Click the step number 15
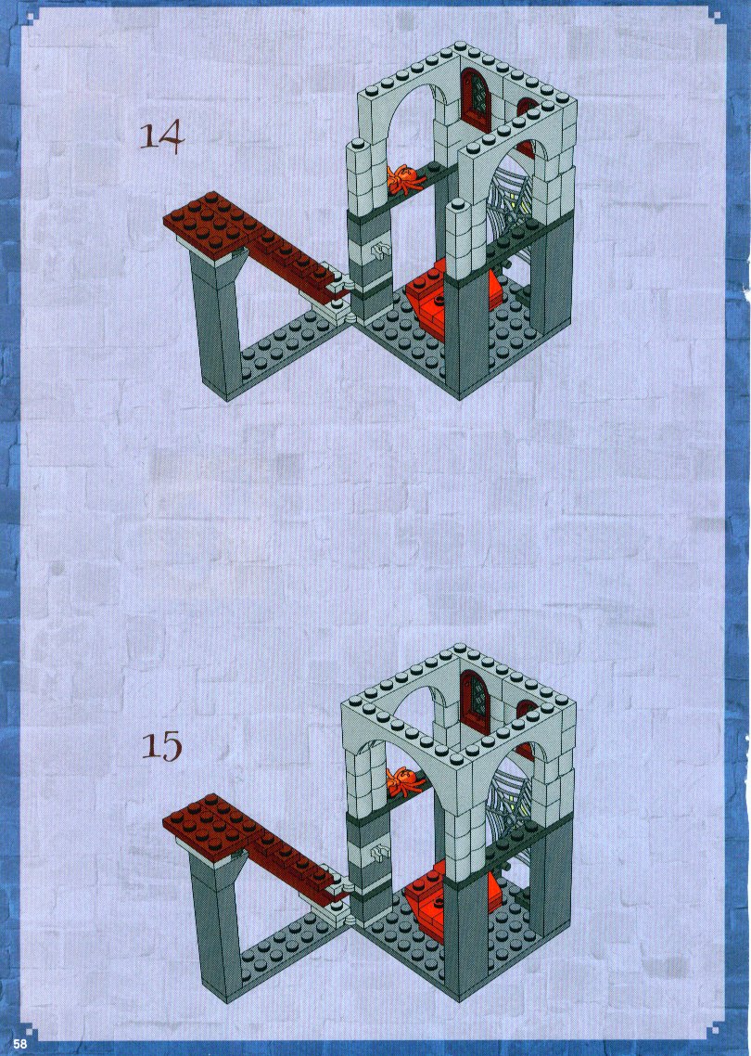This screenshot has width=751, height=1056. click(161, 745)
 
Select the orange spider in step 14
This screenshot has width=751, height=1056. click(403, 180)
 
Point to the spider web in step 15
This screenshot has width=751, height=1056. click(515, 798)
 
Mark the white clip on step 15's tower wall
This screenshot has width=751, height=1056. click(381, 854)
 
